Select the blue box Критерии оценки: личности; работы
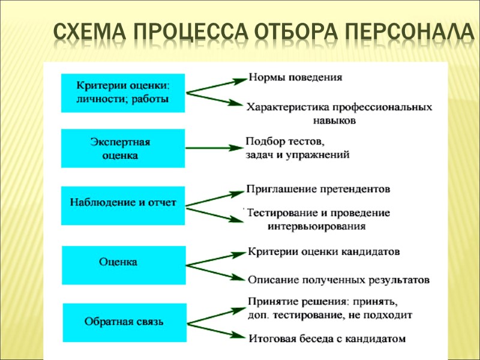tap(122, 92)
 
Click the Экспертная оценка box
tap(122, 149)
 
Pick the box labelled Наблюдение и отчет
tap(122, 203)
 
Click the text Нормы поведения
tap(295, 78)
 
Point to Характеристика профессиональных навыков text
tap(338, 113)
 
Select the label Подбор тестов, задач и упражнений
tap(297, 148)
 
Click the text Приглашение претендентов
tap(318, 189)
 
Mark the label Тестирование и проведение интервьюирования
tap(318, 220)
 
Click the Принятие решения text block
tap(329, 307)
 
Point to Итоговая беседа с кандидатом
tap(326, 339)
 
